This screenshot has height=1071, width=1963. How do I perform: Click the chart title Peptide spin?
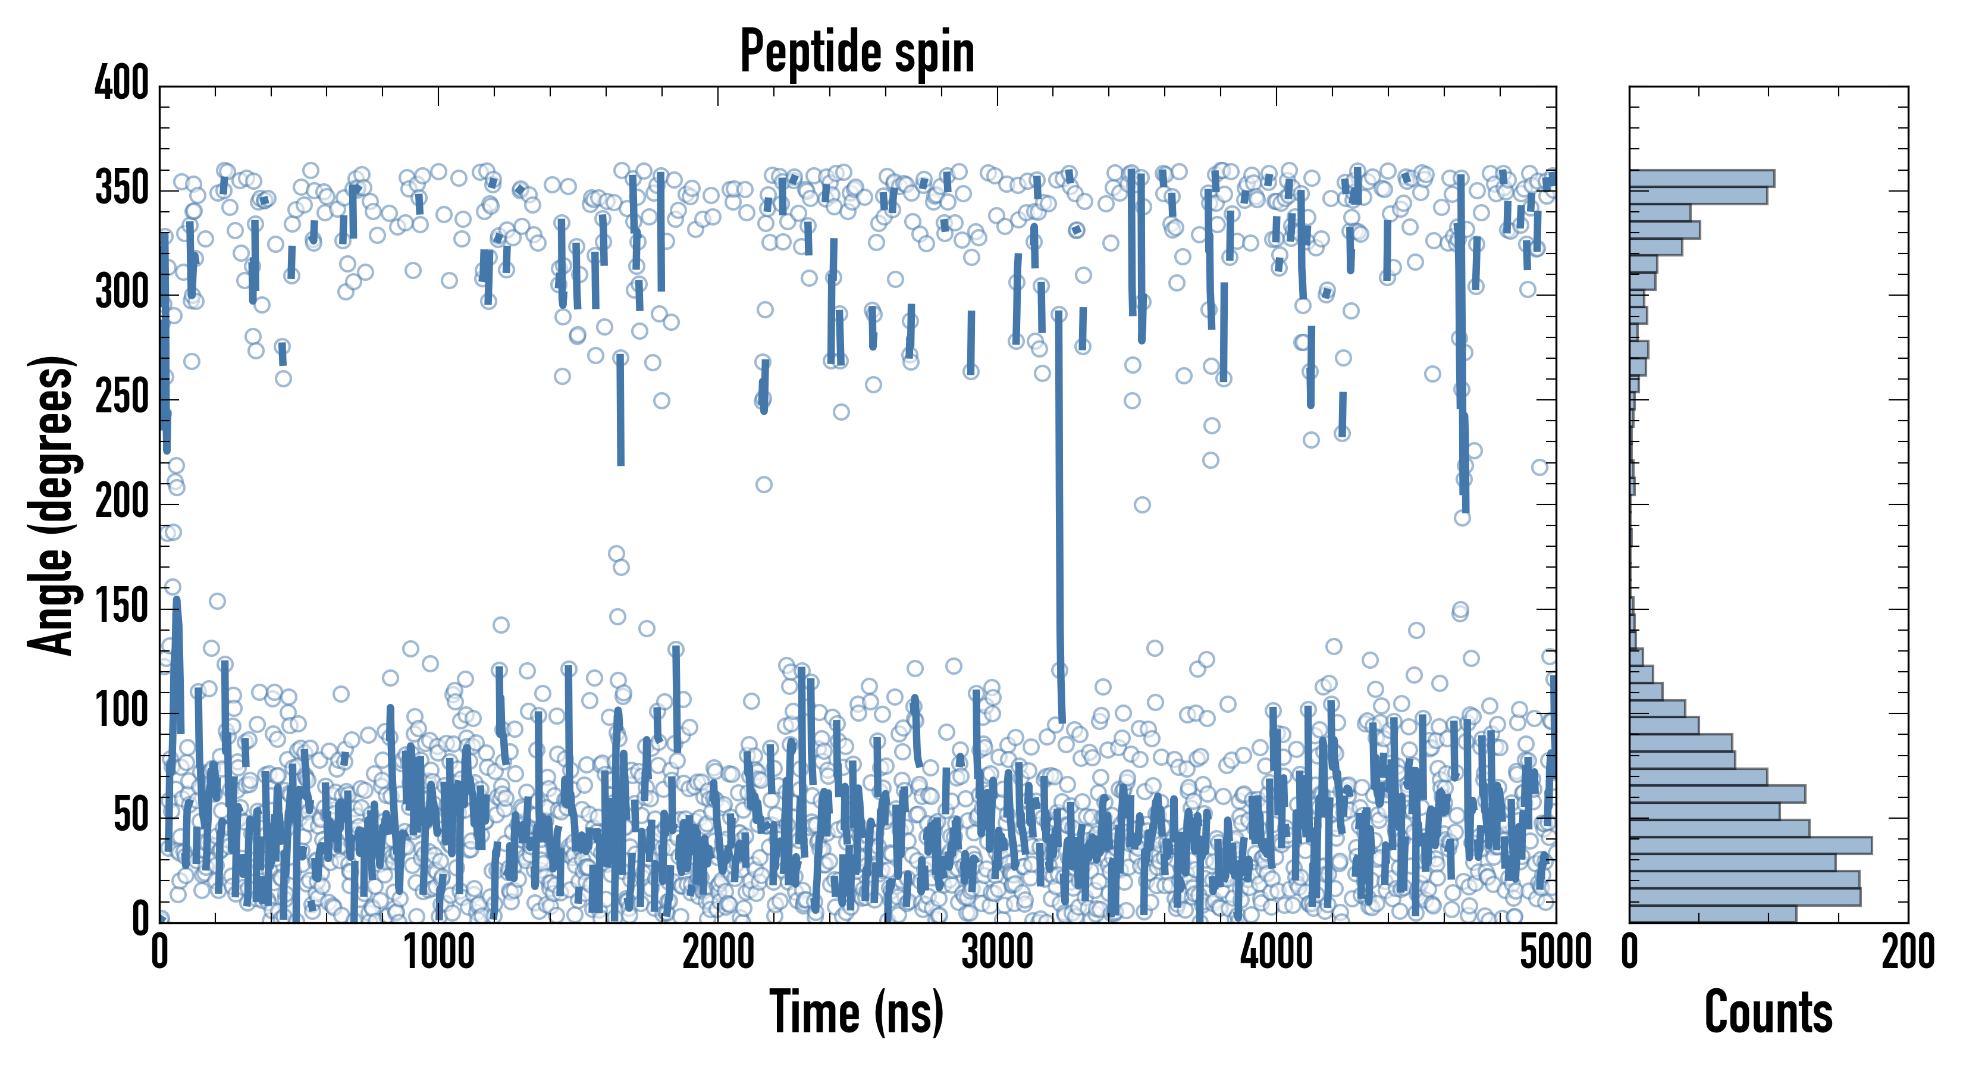pyautogui.click(x=857, y=52)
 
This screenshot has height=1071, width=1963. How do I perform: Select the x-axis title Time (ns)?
pyautogui.click(x=857, y=1012)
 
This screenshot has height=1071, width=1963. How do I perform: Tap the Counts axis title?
pyautogui.click(x=1768, y=1012)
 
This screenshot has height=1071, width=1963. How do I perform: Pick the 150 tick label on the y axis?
pyautogui.click(x=122, y=607)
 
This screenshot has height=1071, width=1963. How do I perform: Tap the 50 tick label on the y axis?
pyautogui.click(x=131, y=816)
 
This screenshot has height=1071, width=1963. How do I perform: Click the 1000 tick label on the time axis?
pyautogui.click(x=439, y=953)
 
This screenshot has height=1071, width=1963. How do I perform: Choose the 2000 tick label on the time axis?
pyautogui.click(x=718, y=953)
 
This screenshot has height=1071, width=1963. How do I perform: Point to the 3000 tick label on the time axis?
pyautogui.click(x=997, y=953)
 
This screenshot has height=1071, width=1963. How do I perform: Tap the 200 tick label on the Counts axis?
pyautogui.click(x=1907, y=953)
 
